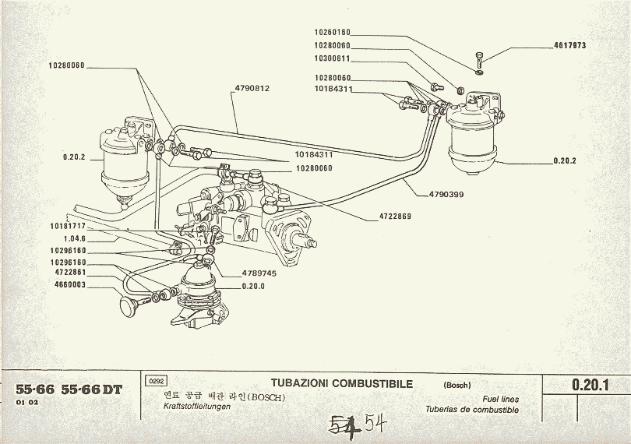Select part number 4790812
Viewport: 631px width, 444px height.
[x=252, y=88]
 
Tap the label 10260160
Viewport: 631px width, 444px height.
[x=333, y=33]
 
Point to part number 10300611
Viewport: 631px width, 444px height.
[x=333, y=58]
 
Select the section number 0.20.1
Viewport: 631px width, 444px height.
[x=589, y=384]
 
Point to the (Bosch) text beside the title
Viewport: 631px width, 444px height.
[x=457, y=386]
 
